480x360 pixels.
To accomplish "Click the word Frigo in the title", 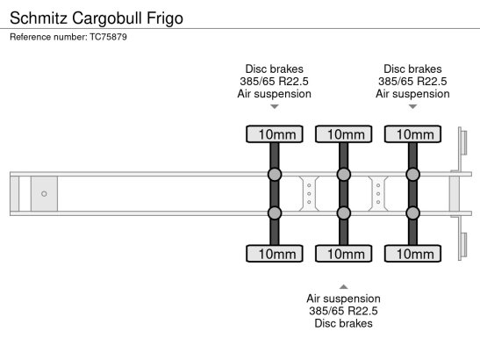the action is pyautogui.click(x=165, y=18).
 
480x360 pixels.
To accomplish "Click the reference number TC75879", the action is pyautogui.click(x=108, y=37).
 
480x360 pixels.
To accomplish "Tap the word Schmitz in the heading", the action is pyautogui.click(x=39, y=18).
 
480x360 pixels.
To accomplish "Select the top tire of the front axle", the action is pyautogui.click(x=275, y=134).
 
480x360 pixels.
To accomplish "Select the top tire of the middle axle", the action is pyautogui.click(x=344, y=134).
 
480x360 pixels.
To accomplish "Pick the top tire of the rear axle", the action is pyautogui.click(x=413, y=134).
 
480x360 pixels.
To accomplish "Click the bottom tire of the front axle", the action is pyautogui.click(x=275, y=254).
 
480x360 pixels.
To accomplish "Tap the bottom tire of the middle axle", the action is pyautogui.click(x=344, y=254).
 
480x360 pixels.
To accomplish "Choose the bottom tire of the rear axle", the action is pyautogui.click(x=413, y=254).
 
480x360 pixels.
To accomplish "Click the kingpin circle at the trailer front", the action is pyautogui.click(x=44, y=194).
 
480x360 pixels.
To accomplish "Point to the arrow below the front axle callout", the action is pyautogui.click(x=275, y=106).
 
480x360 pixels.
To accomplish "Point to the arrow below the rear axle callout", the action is pyautogui.click(x=413, y=106).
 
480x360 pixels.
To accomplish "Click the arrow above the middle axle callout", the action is pyautogui.click(x=344, y=287).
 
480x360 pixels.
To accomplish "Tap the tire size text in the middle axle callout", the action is pyautogui.click(x=343, y=311).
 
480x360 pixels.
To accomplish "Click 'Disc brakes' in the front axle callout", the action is pyautogui.click(x=275, y=69).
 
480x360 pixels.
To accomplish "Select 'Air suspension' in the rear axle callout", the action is pyautogui.click(x=412, y=94).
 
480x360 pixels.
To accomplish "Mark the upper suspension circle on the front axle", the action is pyautogui.click(x=275, y=175).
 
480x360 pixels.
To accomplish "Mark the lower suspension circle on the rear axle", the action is pyautogui.click(x=413, y=213).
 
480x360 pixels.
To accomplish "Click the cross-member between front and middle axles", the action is pyautogui.click(x=309, y=194).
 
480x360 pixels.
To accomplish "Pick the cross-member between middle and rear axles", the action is pyautogui.click(x=378, y=194).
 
